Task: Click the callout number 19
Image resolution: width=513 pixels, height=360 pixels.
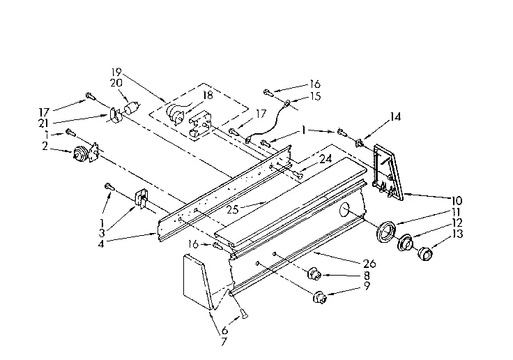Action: point(116,72)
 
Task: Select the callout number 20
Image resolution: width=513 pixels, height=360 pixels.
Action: point(116,82)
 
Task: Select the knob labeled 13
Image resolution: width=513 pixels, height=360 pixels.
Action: point(424,253)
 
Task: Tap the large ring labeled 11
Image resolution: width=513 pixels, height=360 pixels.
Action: point(385,231)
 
